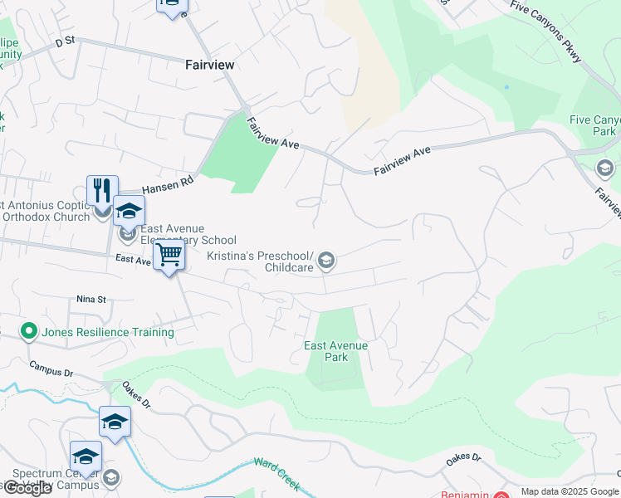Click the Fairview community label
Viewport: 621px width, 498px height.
point(209,64)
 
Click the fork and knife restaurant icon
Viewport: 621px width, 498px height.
point(102,191)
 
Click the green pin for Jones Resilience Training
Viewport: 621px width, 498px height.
point(29,332)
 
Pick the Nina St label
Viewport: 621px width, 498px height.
point(91,299)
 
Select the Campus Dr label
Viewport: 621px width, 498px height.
point(51,369)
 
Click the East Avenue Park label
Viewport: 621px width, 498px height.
point(335,351)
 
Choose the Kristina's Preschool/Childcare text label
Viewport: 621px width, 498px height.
point(270,261)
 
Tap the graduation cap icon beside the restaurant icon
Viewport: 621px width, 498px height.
point(129,211)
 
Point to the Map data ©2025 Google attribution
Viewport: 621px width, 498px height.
point(570,491)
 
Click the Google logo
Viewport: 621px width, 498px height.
point(27,488)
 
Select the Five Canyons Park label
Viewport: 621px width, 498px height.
point(594,125)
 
